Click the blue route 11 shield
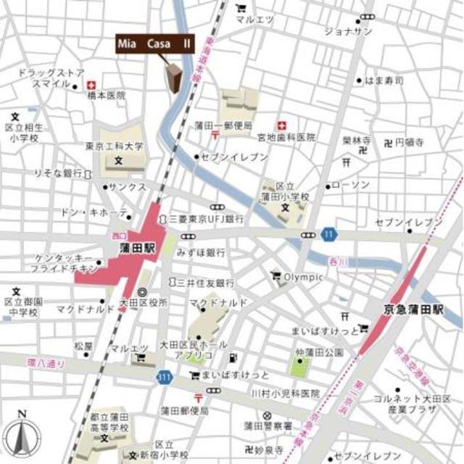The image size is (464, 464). (x=330, y=233)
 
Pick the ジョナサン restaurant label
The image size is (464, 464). (x=347, y=31)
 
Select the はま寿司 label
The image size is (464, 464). (x=384, y=80)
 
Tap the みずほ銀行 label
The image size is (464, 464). (x=204, y=253)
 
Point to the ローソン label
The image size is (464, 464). (x=355, y=185)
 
